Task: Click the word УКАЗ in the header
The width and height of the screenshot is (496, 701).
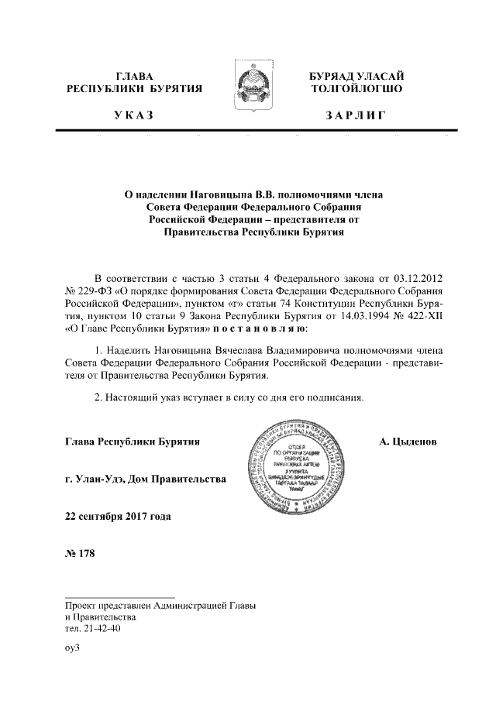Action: [134, 115]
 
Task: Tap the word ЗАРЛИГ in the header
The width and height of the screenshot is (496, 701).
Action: [356, 115]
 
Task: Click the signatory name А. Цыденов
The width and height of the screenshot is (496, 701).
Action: [408, 442]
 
